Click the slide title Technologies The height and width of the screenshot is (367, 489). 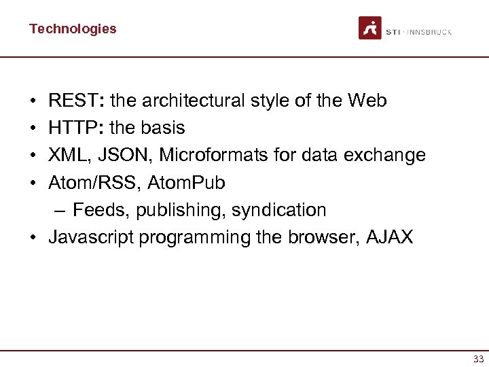(x=73, y=29)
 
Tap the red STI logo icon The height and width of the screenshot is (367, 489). (x=370, y=28)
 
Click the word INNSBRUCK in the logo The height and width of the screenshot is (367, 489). (x=429, y=32)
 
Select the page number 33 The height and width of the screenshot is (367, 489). (x=478, y=359)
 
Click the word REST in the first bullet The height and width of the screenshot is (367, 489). (x=73, y=101)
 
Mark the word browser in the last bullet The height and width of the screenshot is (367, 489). (x=322, y=237)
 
